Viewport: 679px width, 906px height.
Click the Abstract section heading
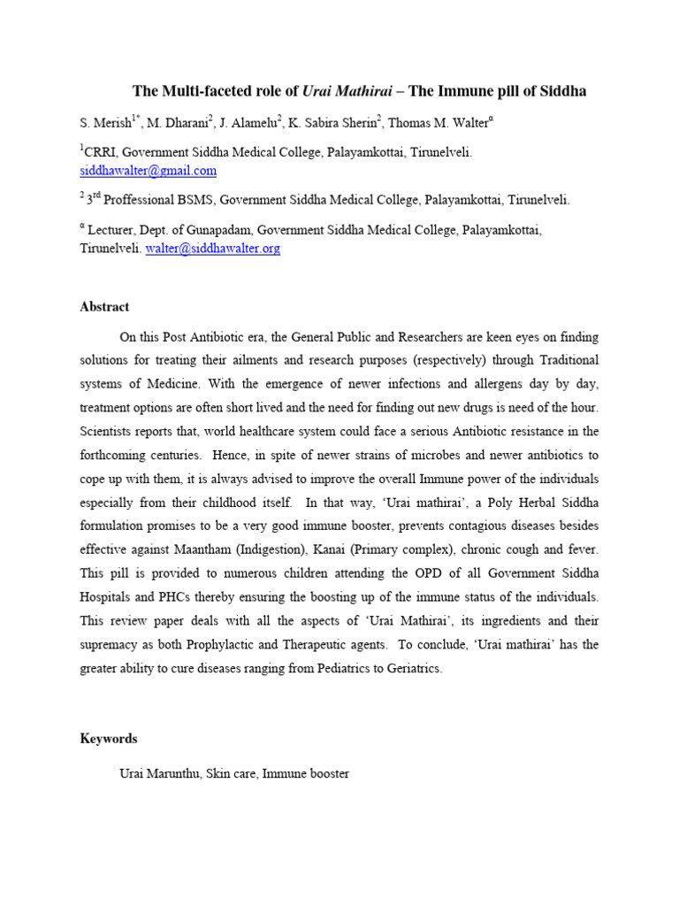pyautogui.click(x=104, y=307)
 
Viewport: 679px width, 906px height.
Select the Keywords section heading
pyautogui.click(x=109, y=738)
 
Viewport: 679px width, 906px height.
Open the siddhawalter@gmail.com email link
pyautogui.click(x=149, y=171)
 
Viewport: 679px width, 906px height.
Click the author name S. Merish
pyautogui.click(x=106, y=122)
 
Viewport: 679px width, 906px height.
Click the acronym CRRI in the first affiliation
pyautogui.click(x=101, y=153)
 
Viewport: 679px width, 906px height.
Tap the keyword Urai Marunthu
pyautogui.click(x=159, y=773)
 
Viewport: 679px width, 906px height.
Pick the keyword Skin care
pyautogui.click(x=230, y=773)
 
